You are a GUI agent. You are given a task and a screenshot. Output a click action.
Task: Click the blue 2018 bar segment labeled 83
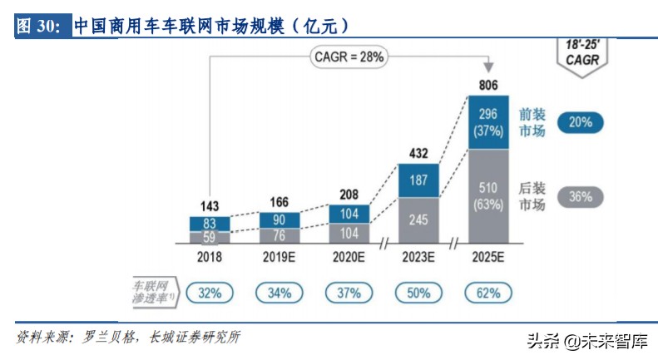210,223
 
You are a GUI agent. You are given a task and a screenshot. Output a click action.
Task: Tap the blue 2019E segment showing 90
280,219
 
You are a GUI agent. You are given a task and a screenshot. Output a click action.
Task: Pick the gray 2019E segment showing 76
280,234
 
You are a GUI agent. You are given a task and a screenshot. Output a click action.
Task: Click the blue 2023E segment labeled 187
419,180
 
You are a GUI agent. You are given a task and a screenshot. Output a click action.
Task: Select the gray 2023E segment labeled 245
419,219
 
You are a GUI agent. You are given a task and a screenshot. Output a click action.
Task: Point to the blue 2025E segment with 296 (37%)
488,122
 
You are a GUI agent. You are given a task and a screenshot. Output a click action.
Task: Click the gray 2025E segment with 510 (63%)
488,195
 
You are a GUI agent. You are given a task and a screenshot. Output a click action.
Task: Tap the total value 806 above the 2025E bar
488,85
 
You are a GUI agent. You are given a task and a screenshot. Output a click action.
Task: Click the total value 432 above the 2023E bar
419,153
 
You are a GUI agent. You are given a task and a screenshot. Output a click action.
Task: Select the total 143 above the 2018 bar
210,205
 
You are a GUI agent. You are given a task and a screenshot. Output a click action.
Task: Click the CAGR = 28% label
347,57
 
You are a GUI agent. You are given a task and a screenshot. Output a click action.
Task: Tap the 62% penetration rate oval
488,293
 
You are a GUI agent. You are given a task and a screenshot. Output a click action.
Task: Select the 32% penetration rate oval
210,293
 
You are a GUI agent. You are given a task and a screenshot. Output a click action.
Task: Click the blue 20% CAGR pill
581,122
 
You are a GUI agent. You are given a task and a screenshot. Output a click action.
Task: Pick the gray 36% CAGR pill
581,197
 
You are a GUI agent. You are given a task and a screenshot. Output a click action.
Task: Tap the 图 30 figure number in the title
38,26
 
